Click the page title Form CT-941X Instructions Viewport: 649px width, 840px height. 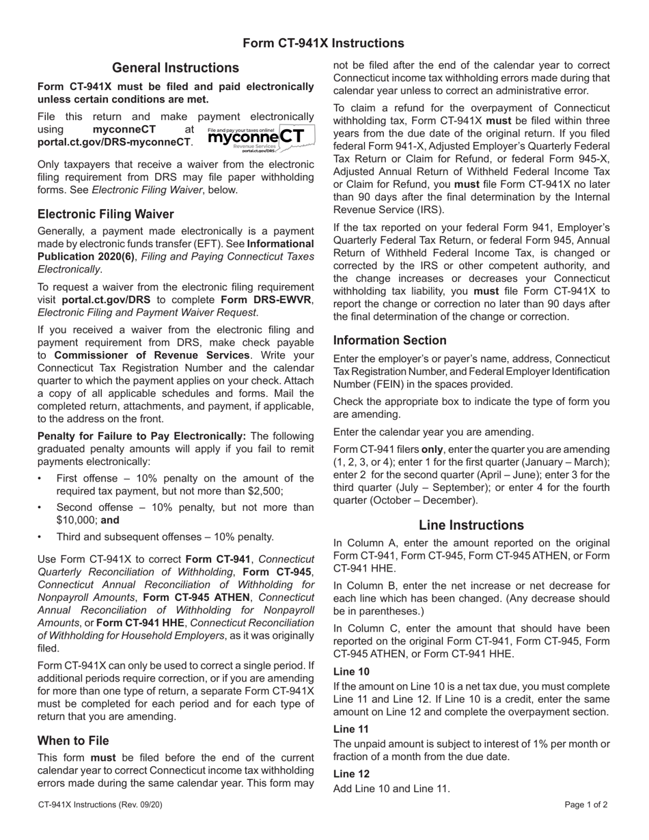tap(323, 44)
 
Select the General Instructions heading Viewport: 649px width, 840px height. tap(176, 68)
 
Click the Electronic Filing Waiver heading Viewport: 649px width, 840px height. tap(106, 214)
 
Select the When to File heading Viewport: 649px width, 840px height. tap(73, 740)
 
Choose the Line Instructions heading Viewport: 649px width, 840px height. tap(471, 525)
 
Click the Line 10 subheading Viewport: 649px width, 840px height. tap(351, 671)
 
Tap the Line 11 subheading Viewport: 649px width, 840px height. tap(351, 729)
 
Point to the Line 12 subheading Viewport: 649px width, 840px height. tap(351, 774)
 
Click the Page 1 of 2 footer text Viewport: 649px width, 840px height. tap(586, 804)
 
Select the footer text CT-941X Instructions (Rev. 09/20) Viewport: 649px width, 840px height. tap(100, 804)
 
